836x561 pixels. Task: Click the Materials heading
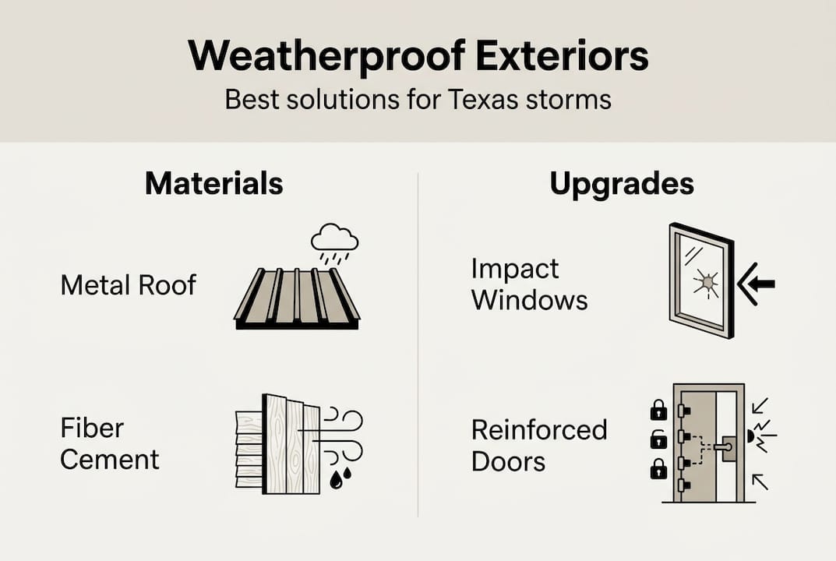click(213, 184)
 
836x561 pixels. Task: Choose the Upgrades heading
click(622, 184)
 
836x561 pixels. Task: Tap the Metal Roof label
click(129, 285)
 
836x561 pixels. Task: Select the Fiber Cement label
click(109, 443)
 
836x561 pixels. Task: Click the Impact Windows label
click(529, 284)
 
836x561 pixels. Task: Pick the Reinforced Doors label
click(538, 445)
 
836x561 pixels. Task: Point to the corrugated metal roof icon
click(297, 298)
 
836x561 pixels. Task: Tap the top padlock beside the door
click(658, 409)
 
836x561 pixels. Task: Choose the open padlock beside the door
click(658, 439)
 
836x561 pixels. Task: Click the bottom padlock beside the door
click(658, 468)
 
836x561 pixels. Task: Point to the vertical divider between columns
click(418, 343)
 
